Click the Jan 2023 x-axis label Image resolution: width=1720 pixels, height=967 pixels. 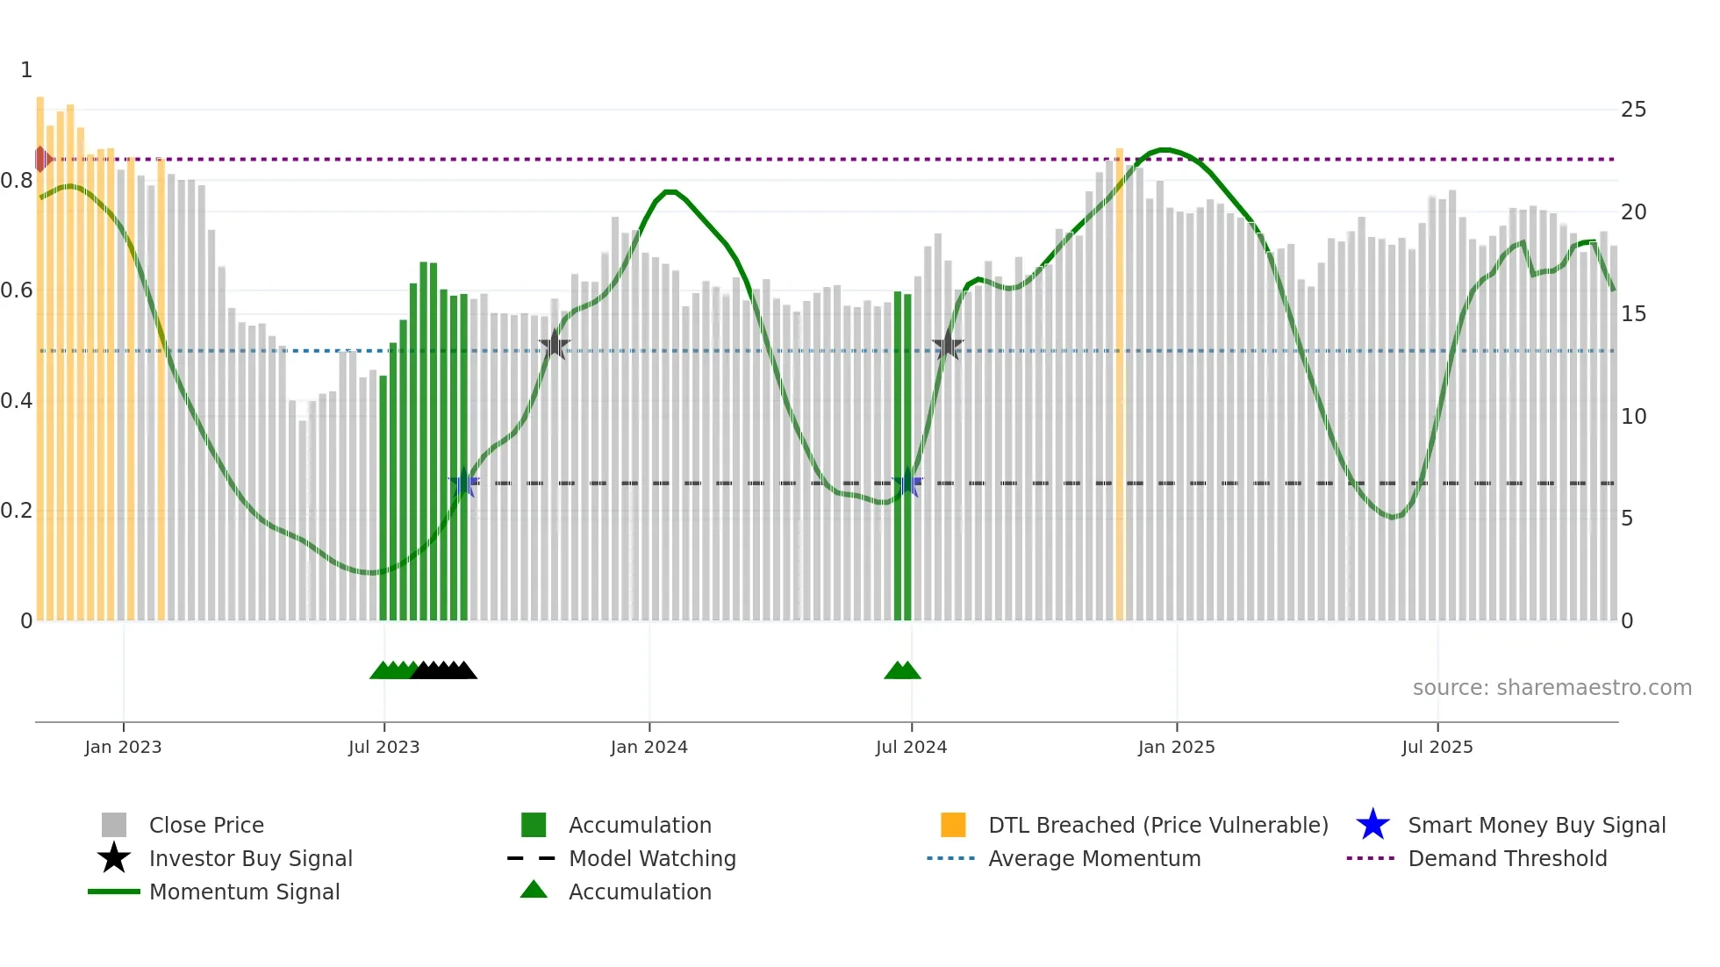pyautogui.click(x=123, y=747)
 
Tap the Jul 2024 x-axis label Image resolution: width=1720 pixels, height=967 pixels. pyautogui.click(x=911, y=747)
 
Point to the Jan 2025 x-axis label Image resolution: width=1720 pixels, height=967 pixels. pyautogui.click(x=1176, y=747)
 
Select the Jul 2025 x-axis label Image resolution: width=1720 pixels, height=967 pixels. pyautogui.click(x=1437, y=747)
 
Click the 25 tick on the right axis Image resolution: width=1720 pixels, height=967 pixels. pyautogui.click(x=1633, y=110)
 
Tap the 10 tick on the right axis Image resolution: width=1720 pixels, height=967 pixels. pyautogui.click(x=1633, y=416)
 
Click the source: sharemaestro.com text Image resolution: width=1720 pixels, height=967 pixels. pyautogui.click(x=1552, y=688)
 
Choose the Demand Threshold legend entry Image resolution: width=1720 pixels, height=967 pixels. pyautogui.click(x=1507, y=858)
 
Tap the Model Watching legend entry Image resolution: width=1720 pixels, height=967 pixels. pyautogui.click(x=651, y=858)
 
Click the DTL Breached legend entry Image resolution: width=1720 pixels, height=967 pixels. pyautogui.click(x=1157, y=825)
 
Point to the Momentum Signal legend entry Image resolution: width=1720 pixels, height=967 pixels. pyautogui.click(x=244, y=892)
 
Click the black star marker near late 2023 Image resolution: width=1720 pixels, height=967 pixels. pyautogui.click(x=554, y=345)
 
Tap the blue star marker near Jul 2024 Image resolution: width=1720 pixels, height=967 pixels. pyautogui.click(x=907, y=483)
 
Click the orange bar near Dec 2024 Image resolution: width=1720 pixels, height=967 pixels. pyautogui.click(x=1119, y=386)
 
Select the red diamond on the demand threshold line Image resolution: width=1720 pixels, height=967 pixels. pyautogui.click(x=42, y=160)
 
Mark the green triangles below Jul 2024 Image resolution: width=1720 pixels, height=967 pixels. pyautogui.click(x=902, y=670)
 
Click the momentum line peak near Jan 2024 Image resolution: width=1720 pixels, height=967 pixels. pyautogui.click(x=670, y=191)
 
